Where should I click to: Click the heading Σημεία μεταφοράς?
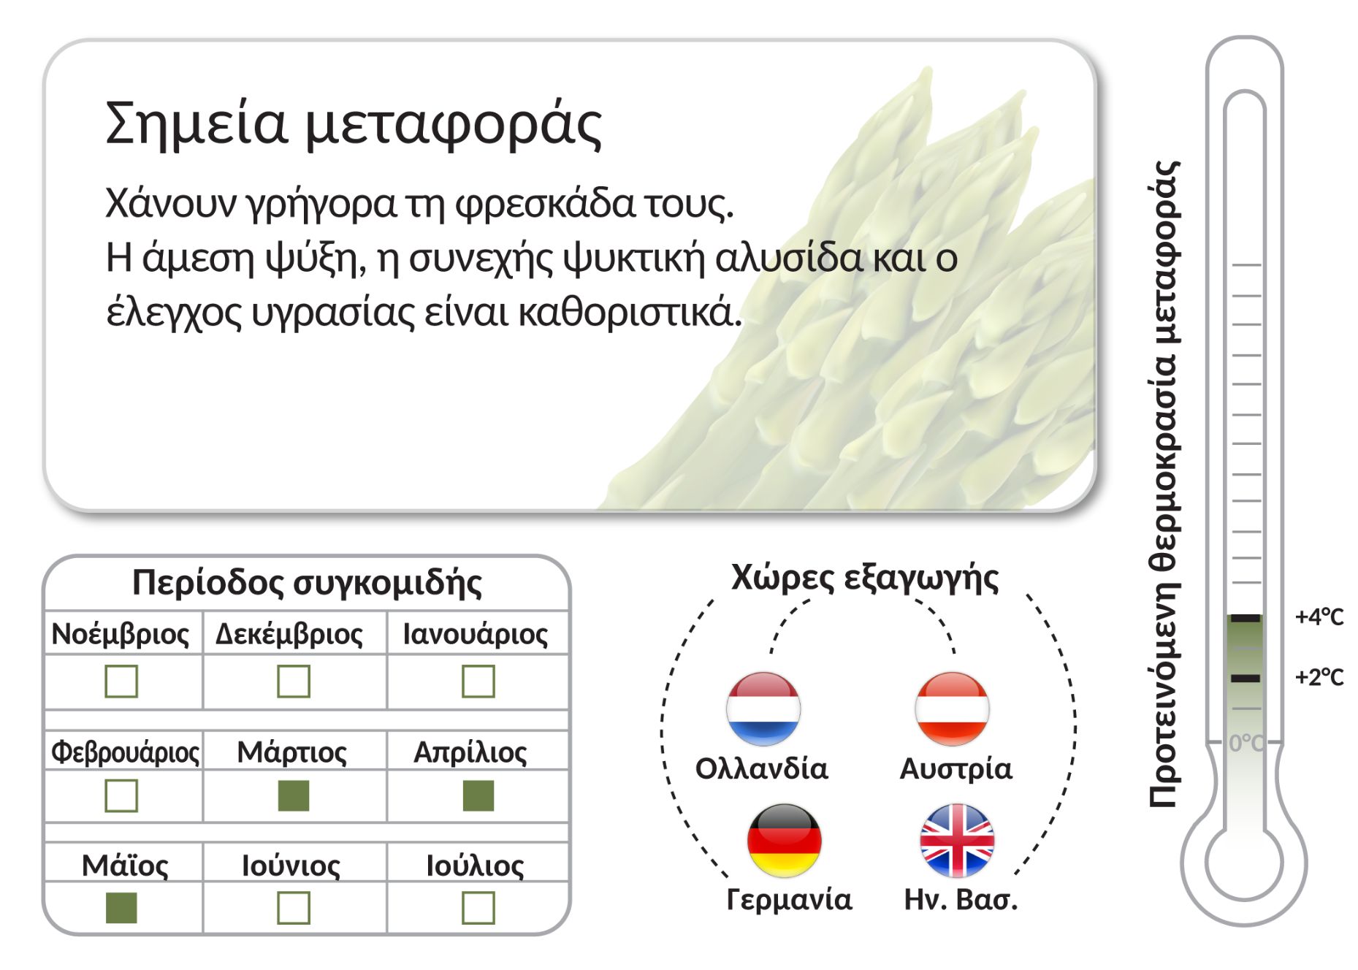(x=354, y=124)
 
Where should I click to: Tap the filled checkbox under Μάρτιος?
(x=294, y=795)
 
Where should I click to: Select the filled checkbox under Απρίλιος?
(x=478, y=795)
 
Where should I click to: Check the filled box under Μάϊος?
(x=121, y=908)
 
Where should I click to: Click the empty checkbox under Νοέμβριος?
(x=121, y=681)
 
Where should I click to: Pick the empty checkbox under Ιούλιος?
(x=478, y=908)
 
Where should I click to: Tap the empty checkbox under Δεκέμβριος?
(x=294, y=681)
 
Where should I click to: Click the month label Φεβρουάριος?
(x=125, y=752)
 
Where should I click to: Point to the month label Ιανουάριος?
(x=476, y=634)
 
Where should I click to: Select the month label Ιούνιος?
(x=291, y=866)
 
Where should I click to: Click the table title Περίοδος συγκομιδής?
(x=307, y=584)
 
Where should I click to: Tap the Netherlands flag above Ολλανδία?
(x=763, y=709)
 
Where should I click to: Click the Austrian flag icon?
(x=952, y=709)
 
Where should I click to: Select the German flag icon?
(x=785, y=841)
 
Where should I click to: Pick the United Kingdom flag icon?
(x=957, y=841)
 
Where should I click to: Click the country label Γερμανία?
(x=789, y=900)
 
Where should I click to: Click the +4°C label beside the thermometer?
(x=1319, y=618)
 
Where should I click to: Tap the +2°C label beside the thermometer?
(x=1319, y=678)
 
